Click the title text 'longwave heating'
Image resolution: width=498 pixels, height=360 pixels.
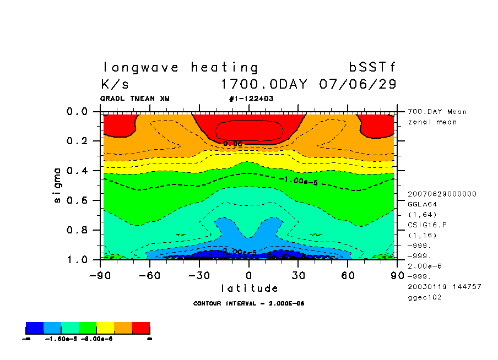pos(180,68)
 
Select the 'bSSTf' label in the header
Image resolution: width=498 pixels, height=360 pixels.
pos(372,68)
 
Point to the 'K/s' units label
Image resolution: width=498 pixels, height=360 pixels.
pos(115,85)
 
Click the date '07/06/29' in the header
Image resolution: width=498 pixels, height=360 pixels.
pos(358,85)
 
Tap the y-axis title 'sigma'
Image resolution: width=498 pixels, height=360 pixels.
pos(58,185)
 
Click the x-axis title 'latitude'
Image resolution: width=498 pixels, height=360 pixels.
pos(249,288)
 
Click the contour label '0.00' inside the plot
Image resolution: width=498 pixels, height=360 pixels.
pos(232,144)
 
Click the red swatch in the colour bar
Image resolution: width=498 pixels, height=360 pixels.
pos(141,328)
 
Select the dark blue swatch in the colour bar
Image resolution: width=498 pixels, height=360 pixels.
pos(35,328)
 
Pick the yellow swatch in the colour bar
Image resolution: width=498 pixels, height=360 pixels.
pos(106,328)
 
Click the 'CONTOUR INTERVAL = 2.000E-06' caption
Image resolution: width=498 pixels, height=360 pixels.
pos(249,303)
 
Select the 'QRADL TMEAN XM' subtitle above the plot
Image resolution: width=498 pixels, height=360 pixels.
pos(135,99)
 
